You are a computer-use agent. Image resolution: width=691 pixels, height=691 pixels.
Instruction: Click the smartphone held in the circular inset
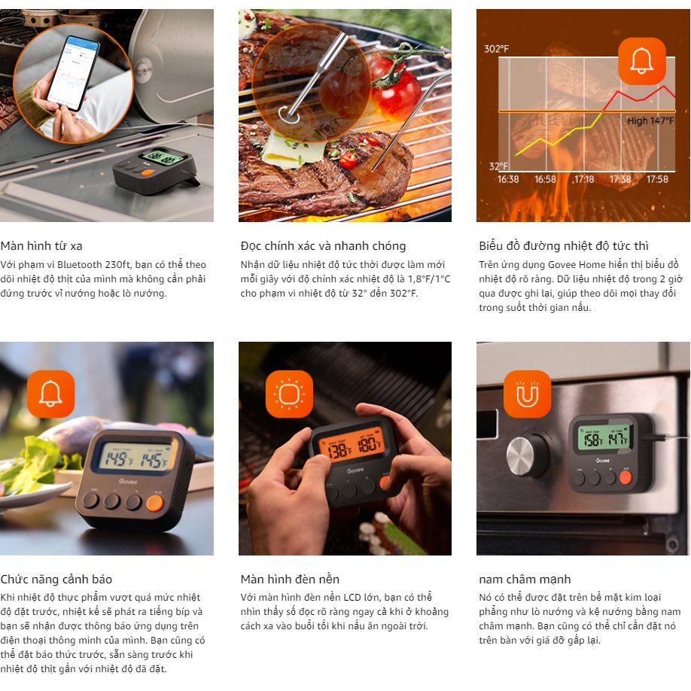coord(73,73)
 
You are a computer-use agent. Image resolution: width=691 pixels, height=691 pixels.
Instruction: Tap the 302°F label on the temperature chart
coord(496,48)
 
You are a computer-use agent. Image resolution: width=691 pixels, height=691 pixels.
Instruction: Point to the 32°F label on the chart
coord(498,166)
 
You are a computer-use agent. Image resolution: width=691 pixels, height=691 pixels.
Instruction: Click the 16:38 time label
coord(508,179)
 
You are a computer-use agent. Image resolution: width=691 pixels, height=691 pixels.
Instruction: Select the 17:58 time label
coord(658,179)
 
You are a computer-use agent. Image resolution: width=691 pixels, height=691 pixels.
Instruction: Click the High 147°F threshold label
coord(650,120)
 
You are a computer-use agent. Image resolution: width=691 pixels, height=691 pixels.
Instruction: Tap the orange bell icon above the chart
coord(641,61)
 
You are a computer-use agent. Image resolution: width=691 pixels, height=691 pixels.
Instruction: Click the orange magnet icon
coord(527,394)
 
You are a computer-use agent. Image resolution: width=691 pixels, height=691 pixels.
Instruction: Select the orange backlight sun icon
coord(289,394)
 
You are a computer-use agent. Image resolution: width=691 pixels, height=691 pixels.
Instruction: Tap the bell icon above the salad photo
coord(50,394)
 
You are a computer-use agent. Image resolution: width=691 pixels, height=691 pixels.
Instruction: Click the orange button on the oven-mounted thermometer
coord(626,477)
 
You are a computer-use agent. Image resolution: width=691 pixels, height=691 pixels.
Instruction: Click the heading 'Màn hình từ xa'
coord(41,246)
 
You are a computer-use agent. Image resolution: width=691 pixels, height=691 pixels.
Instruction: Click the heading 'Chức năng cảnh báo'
coord(56,579)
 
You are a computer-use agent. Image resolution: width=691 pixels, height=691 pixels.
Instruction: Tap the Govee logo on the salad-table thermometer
coord(128,482)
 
